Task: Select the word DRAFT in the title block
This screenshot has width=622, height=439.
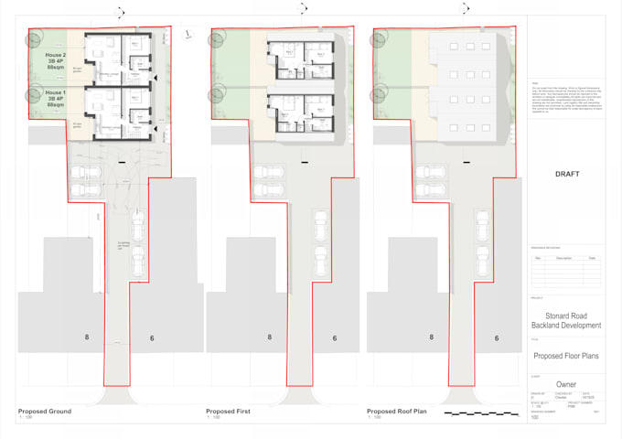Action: click(568, 173)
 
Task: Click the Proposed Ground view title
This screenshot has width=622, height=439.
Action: click(45, 412)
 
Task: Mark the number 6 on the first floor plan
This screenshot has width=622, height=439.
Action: click(334, 338)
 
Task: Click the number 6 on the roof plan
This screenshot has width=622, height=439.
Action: click(497, 338)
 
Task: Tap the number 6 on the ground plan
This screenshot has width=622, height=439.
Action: click(151, 338)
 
